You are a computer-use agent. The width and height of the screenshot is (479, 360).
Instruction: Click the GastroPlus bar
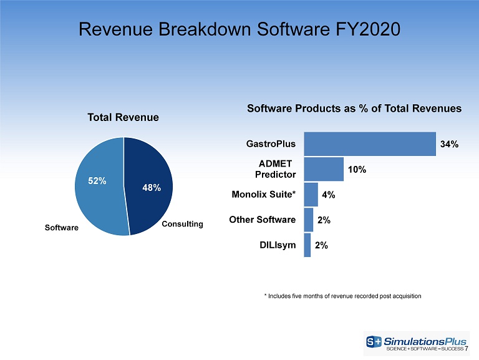click(x=370, y=144)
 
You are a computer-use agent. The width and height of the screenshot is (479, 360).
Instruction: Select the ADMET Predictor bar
click(x=324, y=169)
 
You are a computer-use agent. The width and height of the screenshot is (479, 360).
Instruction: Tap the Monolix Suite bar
click(x=311, y=195)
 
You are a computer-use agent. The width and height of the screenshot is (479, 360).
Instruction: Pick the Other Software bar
click(x=309, y=220)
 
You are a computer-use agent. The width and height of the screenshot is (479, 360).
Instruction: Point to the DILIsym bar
click(x=307, y=245)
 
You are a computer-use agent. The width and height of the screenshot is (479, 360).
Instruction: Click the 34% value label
click(x=449, y=144)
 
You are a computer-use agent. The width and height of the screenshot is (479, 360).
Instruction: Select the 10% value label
click(x=357, y=169)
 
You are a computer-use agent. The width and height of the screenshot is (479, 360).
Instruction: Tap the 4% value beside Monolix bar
click(x=329, y=195)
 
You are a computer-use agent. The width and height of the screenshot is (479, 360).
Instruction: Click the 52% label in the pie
click(x=97, y=180)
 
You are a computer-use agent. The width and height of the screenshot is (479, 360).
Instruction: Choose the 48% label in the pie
click(x=152, y=187)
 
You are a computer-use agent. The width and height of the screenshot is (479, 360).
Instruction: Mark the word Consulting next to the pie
click(x=182, y=224)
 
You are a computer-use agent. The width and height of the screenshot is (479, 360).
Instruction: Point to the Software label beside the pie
click(x=61, y=227)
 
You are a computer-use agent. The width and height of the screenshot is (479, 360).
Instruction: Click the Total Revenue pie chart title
click(x=123, y=117)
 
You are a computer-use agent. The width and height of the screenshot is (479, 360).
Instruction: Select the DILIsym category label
click(x=278, y=245)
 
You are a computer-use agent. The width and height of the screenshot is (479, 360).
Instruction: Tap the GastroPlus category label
click(x=271, y=144)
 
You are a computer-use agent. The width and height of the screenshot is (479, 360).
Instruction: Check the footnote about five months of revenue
click(x=342, y=296)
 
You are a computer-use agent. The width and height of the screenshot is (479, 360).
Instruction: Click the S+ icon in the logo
click(x=374, y=341)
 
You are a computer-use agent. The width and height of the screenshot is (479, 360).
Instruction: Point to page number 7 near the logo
click(x=467, y=349)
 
